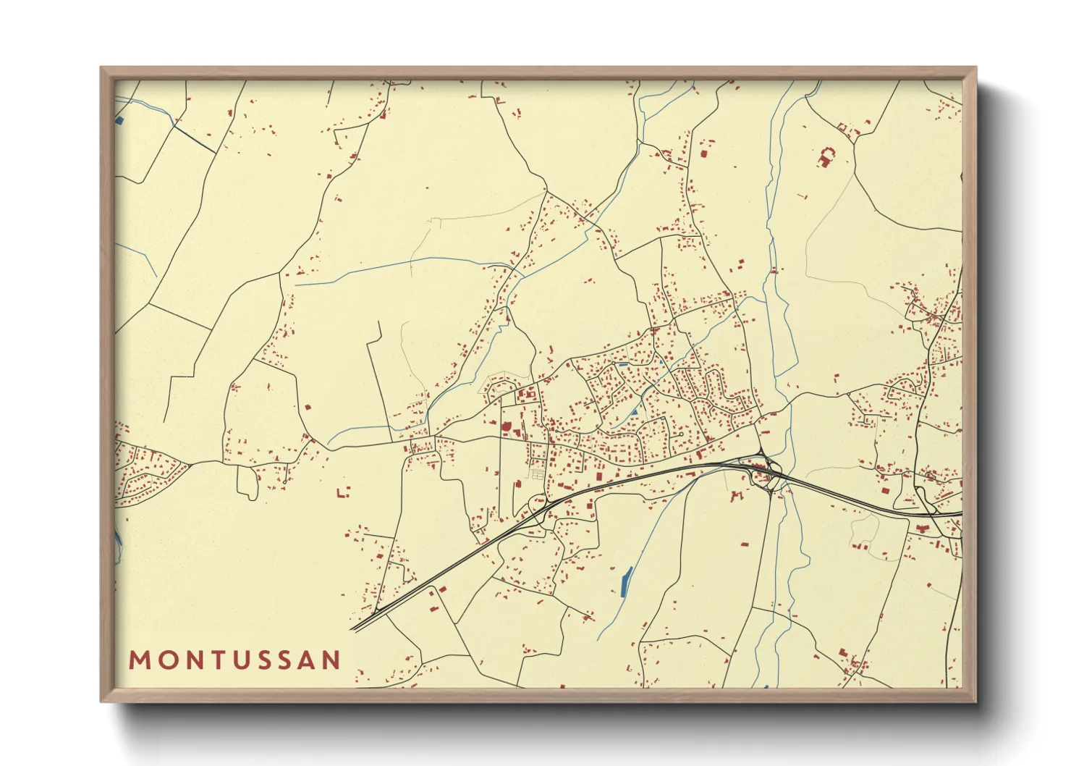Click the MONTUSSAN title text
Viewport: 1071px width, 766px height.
(x=234, y=660)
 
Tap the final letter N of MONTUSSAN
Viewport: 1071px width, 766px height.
(x=332, y=660)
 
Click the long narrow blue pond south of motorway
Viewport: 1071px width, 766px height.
(x=626, y=581)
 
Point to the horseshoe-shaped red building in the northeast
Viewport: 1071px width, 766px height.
(x=826, y=156)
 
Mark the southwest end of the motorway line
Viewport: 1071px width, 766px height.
(x=352, y=628)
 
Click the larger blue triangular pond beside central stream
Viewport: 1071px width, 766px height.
(x=635, y=412)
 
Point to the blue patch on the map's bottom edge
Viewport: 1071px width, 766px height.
(x=764, y=685)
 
